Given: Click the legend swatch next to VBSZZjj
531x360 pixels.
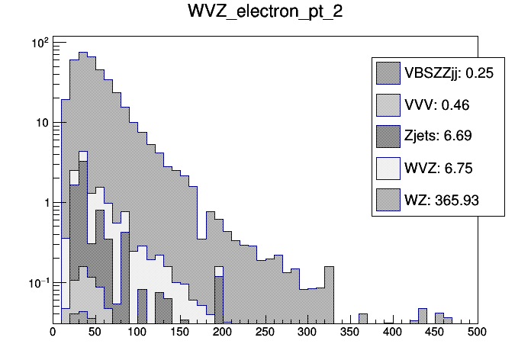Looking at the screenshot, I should point(388,72).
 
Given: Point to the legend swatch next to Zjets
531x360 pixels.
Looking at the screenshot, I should point(388,137).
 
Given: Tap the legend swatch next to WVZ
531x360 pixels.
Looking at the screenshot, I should point(388,169).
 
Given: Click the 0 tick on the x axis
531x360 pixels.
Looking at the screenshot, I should point(53,333).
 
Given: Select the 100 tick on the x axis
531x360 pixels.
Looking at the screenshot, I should point(137,333).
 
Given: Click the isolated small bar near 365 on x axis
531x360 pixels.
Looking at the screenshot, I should point(363,318).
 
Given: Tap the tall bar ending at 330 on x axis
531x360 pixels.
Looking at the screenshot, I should point(330,295).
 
